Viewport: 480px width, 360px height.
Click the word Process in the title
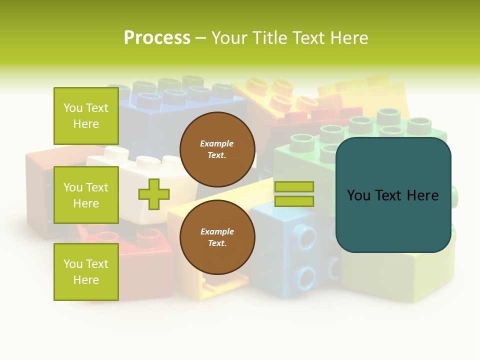coord(157,38)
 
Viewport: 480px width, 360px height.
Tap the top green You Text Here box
coord(86,116)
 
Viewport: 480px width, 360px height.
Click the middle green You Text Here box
coord(86,195)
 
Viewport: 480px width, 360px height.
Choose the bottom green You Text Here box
coord(86,272)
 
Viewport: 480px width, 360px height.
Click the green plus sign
coord(154,194)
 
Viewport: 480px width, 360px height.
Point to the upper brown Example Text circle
coord(217,149)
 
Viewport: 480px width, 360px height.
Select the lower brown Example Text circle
coord(217,237)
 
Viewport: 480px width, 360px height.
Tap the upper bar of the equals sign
coord(294,186)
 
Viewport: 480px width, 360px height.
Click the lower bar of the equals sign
coord(294,201)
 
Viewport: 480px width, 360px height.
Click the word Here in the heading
coord(348,38)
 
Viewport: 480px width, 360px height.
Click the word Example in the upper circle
coord(217,144)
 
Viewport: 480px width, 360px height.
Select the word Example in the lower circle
coord(217,232)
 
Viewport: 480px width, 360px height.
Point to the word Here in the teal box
coord(423,195)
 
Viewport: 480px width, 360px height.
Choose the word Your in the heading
coord(229,38)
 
